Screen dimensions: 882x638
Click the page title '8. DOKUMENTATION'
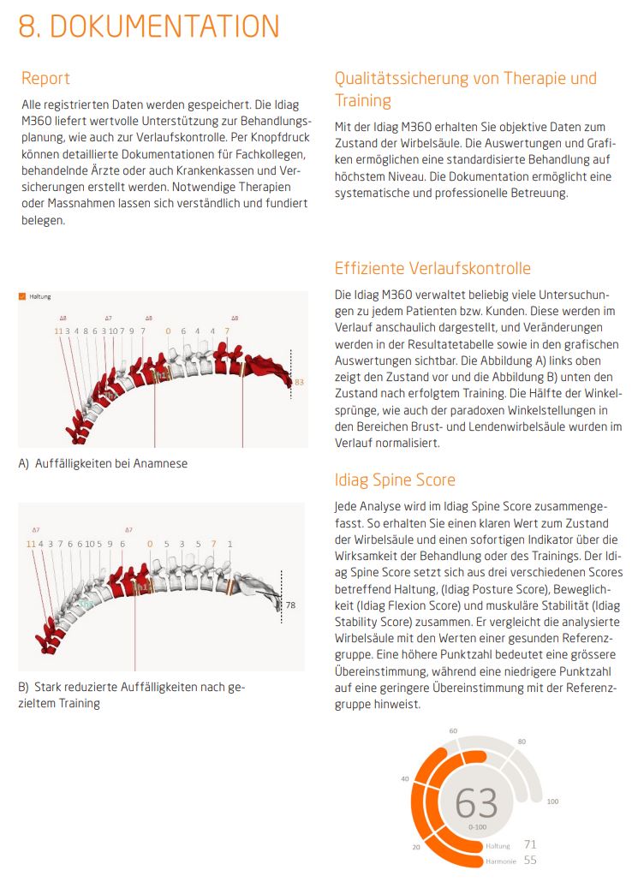(149, 27)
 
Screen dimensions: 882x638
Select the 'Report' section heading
(45, 78)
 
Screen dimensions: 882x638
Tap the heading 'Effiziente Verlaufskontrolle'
(432, 268)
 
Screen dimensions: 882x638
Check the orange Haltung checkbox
(22, 296)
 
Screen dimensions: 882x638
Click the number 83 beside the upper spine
(299, 382)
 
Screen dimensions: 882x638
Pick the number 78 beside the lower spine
(290, 605)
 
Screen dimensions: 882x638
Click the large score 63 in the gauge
(476, 803)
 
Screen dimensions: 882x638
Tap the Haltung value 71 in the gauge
(529, 844)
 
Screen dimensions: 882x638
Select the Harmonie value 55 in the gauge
(529, 860)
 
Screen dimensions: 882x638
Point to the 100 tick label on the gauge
(552, 802)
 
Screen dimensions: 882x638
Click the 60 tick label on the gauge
(453, 730)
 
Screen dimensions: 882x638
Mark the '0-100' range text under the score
(477, 827)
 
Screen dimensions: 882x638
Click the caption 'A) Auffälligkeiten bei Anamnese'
(103, 463)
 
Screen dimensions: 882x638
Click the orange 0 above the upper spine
(168, 331)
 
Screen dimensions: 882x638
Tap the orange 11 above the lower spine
(31, 544)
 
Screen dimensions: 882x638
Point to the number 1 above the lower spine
(230, 544)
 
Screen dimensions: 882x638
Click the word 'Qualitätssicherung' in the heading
(399, 78)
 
